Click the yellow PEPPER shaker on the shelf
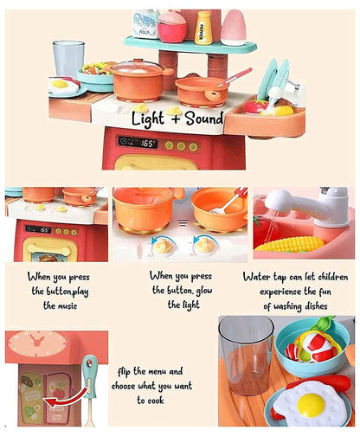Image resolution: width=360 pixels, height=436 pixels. click(x=203, y=28)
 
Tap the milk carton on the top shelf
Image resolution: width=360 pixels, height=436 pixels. click(x=146, y=23)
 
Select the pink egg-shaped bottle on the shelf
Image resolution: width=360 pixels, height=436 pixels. click(x=234, y=28)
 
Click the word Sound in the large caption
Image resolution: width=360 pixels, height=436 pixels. click(x=204, y=119)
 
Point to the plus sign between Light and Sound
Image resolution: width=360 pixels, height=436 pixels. click(x=175, y=119)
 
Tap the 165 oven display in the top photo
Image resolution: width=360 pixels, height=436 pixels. click(x=138, y=142)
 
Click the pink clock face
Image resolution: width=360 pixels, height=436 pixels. click(x=37, y=343)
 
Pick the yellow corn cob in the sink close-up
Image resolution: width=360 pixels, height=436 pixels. click(x=290, y=244)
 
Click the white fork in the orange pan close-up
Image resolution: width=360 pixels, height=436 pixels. click(x=226, y=204)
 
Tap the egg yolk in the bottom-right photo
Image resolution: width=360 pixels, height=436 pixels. click(x=311, y=405)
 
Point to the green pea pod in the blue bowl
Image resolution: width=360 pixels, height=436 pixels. click(x=324, y=324)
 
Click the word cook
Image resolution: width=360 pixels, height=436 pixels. click(x=155, y=401)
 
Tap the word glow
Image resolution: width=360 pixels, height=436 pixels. click(x=204, y=291)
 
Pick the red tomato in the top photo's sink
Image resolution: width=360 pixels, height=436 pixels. click(x=256, y=106)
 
